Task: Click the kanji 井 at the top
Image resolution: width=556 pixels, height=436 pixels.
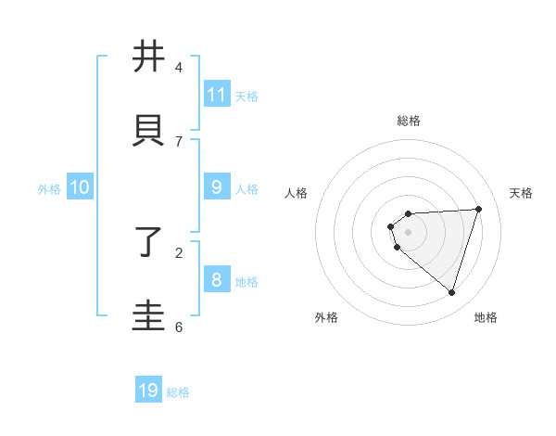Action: tap(148, 58)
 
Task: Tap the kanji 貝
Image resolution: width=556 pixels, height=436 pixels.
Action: tap(148, 129)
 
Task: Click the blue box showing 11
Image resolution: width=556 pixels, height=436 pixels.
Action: tap(217, 95)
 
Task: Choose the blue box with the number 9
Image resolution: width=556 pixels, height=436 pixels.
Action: tap(217, 187)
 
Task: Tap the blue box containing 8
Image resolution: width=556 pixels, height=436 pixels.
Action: tap(217, 280)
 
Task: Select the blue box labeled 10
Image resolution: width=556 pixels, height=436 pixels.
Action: tap(80, 187)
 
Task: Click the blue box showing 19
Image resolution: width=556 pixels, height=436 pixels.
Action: tap(148, 391)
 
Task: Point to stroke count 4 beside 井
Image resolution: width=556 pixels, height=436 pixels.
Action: tap(179, 68)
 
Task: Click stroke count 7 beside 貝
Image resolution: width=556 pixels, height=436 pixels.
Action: tap(179, 141)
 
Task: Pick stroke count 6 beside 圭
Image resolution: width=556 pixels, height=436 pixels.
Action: tap(179, 327)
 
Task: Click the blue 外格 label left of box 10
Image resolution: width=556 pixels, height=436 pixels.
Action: tap(49, 189)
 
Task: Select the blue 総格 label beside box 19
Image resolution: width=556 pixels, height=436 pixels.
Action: tap(178, 392)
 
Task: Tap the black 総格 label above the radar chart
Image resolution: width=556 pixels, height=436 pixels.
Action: tap(409, 121)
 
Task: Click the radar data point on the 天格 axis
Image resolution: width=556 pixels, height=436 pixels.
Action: tap(479, 209)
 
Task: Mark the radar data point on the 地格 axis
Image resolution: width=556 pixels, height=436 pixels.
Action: tap(451, 293)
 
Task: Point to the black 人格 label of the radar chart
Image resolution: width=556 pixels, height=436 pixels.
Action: tap(296, 193)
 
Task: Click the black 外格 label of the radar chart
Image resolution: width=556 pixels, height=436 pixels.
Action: tap(326, 317)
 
